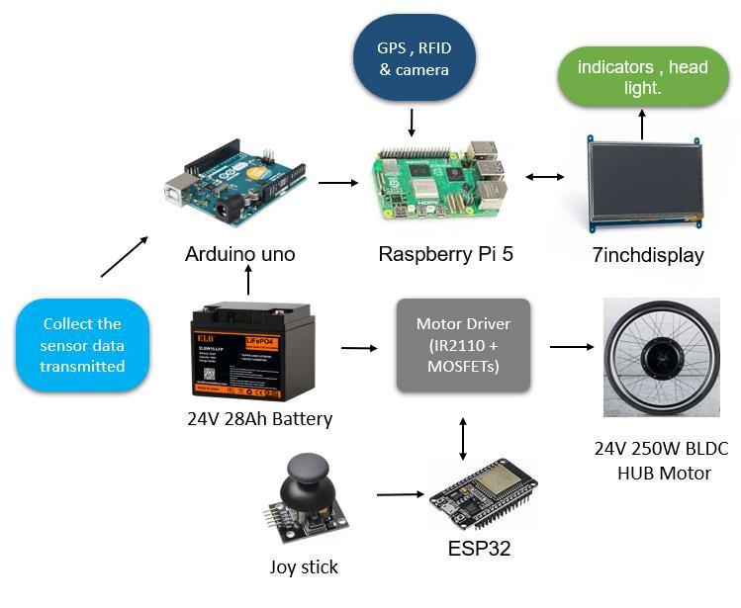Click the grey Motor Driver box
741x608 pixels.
463,345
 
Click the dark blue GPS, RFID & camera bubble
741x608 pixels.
413,60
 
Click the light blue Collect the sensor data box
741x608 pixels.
83,345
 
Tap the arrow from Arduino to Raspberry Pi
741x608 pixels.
339,182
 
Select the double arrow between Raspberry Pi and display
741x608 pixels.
545,178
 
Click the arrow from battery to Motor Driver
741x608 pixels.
359,348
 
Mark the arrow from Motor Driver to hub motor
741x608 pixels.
572,347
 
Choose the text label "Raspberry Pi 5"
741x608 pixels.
446,254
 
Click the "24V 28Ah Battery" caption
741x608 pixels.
259,418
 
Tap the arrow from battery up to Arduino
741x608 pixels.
247,282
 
